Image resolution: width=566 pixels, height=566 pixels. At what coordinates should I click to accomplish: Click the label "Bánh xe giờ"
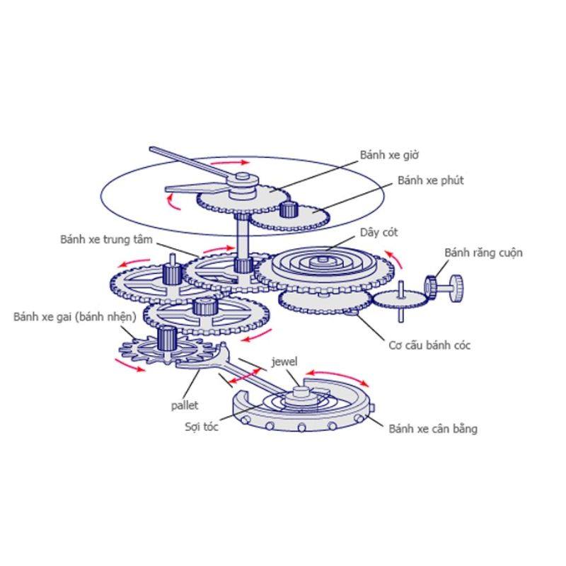389,155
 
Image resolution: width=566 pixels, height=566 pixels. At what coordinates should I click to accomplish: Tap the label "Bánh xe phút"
431,180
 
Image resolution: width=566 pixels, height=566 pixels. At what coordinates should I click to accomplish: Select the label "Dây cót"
379,233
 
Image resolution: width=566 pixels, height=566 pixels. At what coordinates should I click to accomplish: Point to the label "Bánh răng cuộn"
483,253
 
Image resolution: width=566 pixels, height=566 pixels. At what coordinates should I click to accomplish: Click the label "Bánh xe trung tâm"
106,239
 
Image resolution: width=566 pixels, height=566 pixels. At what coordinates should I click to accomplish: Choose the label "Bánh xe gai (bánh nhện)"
75,317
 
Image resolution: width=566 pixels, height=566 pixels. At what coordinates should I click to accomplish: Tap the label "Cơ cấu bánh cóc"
429,345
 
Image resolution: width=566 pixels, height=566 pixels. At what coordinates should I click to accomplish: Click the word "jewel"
284,362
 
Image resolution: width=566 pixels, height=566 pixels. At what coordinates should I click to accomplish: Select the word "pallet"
185,405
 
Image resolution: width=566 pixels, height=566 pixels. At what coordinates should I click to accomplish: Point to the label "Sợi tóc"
202,427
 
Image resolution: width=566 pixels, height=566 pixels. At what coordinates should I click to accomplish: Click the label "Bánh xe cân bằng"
433,429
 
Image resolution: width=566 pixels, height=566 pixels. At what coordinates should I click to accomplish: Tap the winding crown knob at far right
456,288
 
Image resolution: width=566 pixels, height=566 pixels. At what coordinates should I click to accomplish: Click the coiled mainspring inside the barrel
322,262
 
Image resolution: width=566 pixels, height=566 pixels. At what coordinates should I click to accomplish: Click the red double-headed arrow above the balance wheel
337,376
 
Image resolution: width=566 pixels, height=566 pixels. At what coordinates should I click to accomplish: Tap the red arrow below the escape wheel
129,365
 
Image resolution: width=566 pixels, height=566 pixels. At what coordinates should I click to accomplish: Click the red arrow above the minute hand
229,163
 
